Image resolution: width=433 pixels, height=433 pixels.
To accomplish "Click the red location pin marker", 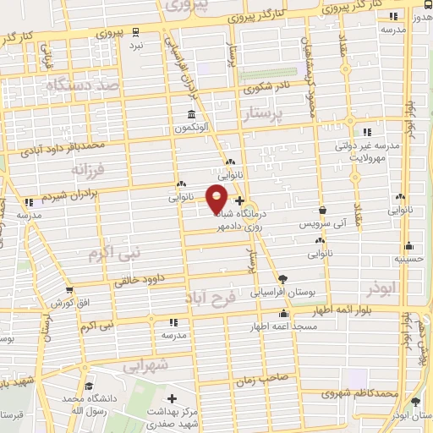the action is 217,198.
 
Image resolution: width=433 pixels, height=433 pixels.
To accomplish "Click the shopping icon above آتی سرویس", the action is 322,211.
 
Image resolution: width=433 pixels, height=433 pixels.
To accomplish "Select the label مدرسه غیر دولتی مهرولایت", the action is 371,151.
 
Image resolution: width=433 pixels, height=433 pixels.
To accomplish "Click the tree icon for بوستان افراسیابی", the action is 282,278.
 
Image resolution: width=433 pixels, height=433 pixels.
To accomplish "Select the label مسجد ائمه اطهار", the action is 284,326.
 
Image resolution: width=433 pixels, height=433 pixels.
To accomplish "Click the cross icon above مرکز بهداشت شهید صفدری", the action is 173,398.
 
